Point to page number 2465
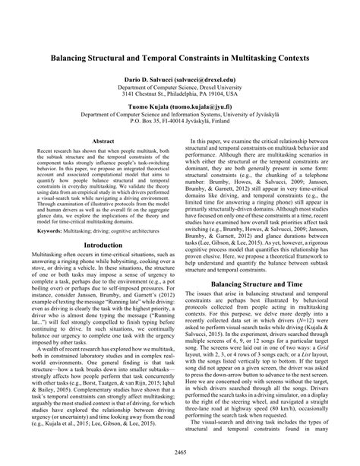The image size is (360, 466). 180,454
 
